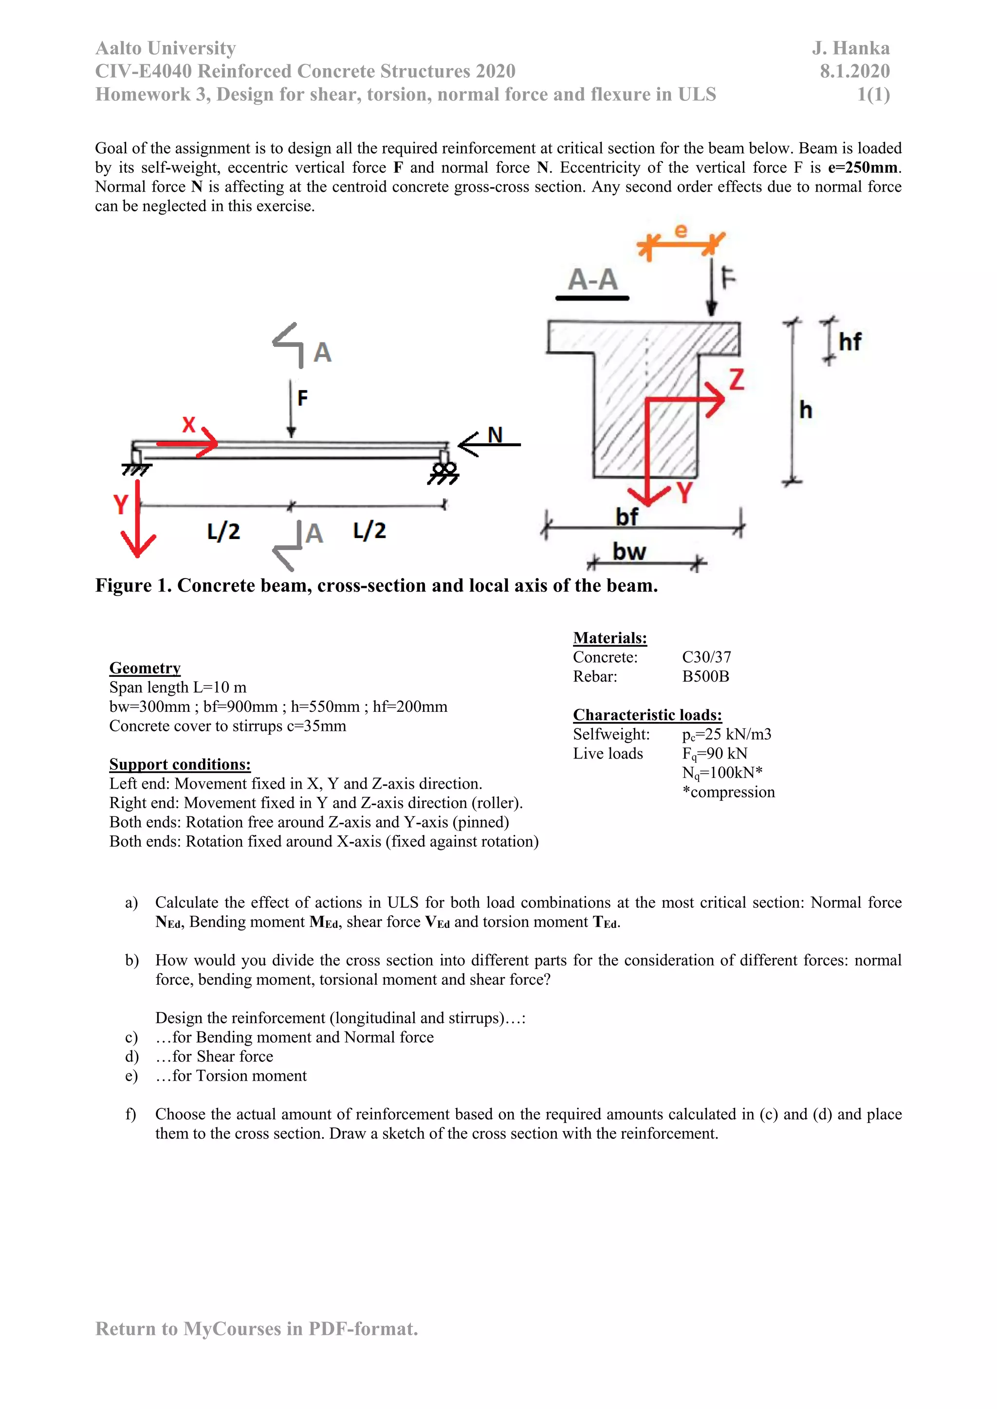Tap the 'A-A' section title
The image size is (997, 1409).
(592, 280)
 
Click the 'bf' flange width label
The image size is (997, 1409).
(627, 517)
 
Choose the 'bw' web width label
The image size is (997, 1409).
(629, 551)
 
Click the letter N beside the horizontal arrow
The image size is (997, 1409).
(495, 434)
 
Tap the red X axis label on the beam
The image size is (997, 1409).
(188, 424)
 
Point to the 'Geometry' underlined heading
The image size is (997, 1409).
(145, 668)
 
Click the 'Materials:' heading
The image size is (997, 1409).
(609, 638)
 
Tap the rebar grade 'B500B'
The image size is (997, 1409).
(705, 676)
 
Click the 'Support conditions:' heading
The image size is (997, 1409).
(180, 764)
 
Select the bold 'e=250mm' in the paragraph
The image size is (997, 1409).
(863, 167)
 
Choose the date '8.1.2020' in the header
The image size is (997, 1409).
(854, 71)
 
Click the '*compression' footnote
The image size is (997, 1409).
(728, 792)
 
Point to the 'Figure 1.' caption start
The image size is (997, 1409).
(132, 585)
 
